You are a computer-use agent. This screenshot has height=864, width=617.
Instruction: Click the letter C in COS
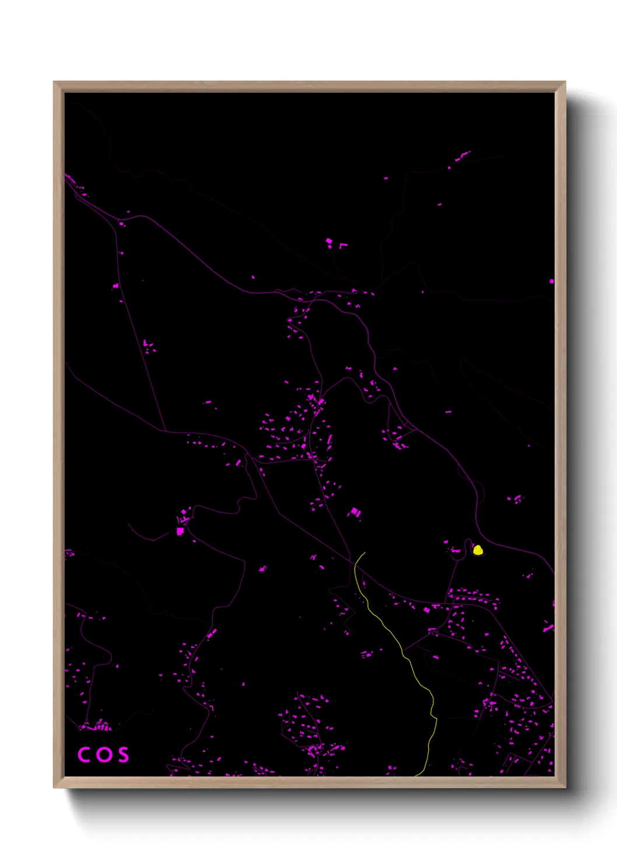pos(83,754)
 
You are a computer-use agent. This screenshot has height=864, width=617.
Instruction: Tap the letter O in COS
pos(103,754)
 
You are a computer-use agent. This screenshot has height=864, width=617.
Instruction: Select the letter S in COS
pos(122,754)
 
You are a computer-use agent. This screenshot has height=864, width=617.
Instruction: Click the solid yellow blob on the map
pos(478,549)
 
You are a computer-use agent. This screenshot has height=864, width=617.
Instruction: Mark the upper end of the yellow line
pos(364,552)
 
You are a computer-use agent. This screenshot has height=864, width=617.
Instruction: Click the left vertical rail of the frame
pos(59,432)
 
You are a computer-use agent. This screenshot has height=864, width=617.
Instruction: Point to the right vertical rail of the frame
pos(560,432)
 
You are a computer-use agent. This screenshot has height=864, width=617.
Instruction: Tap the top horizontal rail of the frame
pos(309,86)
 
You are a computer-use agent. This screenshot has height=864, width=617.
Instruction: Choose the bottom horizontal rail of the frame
pos(309,782)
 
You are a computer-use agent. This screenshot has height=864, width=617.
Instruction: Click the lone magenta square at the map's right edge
pos(552,281)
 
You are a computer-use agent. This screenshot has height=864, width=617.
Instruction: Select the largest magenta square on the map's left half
pos(180,531)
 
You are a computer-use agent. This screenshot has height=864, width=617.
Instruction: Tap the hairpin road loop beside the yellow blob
pos(467,546)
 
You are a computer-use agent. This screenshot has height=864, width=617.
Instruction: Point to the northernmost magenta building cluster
pos(462,156)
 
